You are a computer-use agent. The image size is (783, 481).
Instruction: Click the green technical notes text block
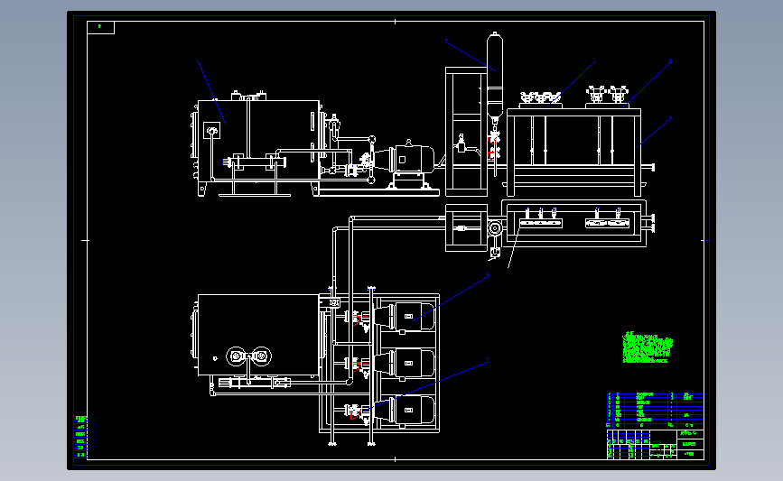pyautogui.click(x=648, y=347)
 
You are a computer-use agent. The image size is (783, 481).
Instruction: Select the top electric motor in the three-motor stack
pyautogui.click(x=409, y=315)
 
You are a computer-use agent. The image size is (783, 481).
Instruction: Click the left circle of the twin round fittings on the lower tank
pyautogui.click(x=238, y=357)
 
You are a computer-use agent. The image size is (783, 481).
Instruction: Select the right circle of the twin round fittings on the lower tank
pyautogui.click(x=261, y=357)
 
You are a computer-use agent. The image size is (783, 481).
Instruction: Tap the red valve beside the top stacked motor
pyautogui.click(x=360, y=318)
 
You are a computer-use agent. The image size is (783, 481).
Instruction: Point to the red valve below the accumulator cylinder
pyautogui.click(x=493, y=144)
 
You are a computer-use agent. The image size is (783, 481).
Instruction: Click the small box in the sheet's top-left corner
pyautogui.click(x=101, y=27)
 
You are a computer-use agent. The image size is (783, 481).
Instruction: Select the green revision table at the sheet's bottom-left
pyautogui.click(x=81, y=438)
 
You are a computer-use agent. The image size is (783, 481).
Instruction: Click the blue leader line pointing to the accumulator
pyautogui.click(x=467, y=51)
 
